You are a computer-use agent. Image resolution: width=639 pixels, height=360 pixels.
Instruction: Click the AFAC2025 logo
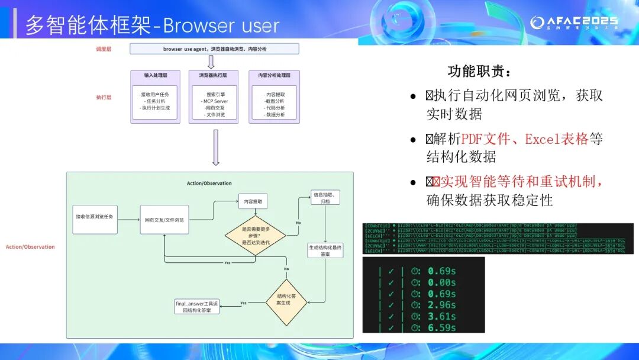click(x=573, y=22)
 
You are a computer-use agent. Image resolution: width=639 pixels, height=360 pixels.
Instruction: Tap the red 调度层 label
click(x=104, y=49)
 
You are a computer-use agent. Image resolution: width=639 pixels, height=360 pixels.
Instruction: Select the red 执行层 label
click(x=104, y=97)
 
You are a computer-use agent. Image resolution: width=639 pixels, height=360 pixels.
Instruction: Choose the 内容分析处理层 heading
click(x=274, y=75)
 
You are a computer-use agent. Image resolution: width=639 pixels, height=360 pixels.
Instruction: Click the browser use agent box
click(x=214, y=49)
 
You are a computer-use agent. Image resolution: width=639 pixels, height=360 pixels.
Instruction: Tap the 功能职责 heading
click(x=479, y=72)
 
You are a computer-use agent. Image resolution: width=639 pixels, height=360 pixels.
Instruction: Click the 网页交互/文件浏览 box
click(x=164, y=220)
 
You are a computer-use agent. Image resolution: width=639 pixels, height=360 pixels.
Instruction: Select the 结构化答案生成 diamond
click(x=287, y=302)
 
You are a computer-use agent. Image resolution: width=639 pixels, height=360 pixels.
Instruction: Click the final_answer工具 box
click(x=197, y=306)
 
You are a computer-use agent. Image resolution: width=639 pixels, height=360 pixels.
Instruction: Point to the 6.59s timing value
click(x=441, y=327)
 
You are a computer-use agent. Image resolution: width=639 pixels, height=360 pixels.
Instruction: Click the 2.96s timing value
click(x=441, y=305)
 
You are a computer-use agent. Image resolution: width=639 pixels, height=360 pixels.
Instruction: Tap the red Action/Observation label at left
click(x=30, y=247)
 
